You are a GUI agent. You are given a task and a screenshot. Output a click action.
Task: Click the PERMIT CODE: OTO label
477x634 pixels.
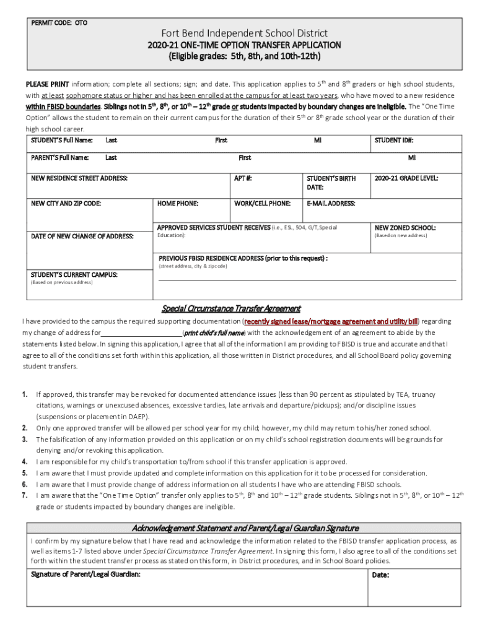pyautogui.click(x=59, y=23)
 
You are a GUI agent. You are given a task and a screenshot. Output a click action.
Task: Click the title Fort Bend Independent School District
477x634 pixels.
pyautogui.click(x=245, y=33)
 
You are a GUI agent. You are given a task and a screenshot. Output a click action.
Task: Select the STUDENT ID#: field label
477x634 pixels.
pyautogui.click(x=394, y=140)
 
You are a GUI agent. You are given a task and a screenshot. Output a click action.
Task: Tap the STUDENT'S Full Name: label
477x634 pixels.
pyautogui.click(x=62, y=140)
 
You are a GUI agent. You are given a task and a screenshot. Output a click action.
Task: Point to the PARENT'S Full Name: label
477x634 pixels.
pyautogui.click(x=60, y=158)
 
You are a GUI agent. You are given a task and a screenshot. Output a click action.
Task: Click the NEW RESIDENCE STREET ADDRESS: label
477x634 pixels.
pyautogui.click(x=79, y=178)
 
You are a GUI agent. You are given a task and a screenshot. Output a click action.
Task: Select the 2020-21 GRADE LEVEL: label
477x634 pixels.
pyautogui.click(x=406, y=178)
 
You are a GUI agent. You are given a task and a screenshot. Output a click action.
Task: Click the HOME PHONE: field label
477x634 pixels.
pyautogui.click(x=178, y=203)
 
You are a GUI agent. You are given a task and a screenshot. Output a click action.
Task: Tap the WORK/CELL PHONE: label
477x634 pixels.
pyautogui.click(x=262, y=203)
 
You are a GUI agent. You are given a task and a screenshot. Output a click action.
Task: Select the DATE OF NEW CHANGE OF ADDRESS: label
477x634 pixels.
pyautogui.click(x=82, y=236)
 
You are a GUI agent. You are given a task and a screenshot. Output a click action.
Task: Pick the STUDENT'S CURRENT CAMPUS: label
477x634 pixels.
pyautogui.click(x=74, y=274)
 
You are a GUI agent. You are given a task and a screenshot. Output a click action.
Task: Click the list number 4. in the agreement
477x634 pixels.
pyautogui.click(x=25, y=461)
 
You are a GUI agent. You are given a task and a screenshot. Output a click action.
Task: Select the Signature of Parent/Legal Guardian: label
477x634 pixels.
pyautogui.click(x=85, y=574)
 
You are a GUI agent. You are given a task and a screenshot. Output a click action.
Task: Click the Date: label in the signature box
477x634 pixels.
pyautogui.click(x=380, y=575)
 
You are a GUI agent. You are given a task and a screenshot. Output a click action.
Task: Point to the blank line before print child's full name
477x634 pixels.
pyautogui.click(x=141, y=332)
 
